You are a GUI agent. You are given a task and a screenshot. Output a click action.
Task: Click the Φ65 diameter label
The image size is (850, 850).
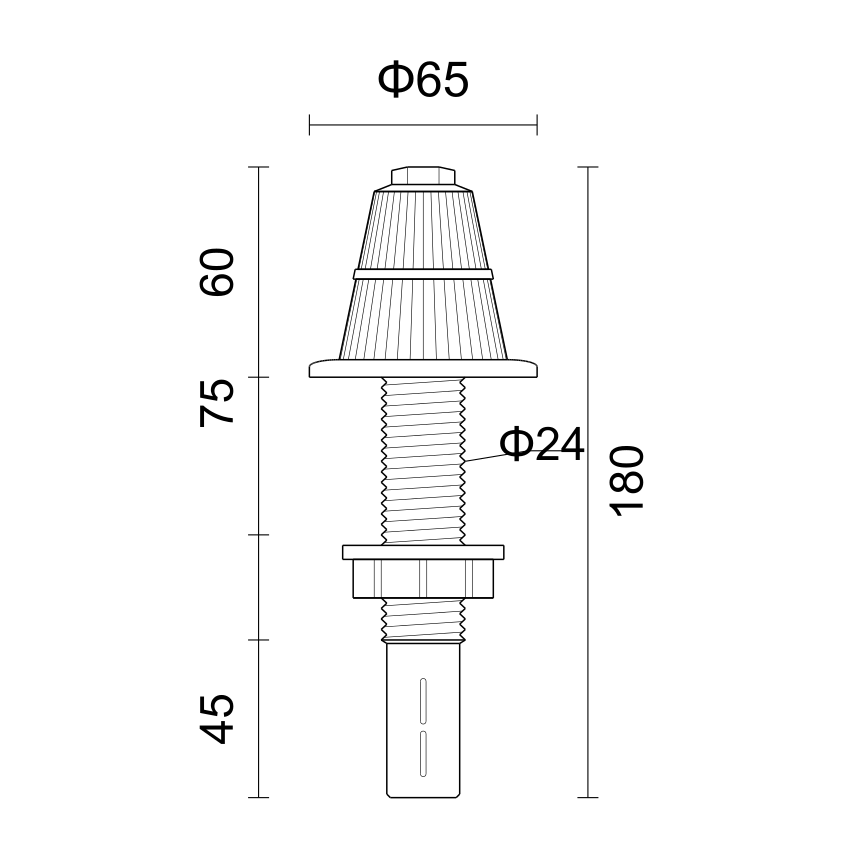pos(423,80)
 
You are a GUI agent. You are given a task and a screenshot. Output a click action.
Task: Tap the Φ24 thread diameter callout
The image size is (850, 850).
pos(542,445)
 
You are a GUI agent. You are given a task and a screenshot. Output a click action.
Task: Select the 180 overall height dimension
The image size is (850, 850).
pos(627,481)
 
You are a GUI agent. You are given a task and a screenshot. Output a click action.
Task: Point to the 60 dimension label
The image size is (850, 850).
pos(217,272)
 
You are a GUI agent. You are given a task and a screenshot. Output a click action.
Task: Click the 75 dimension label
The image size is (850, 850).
pos(217,403)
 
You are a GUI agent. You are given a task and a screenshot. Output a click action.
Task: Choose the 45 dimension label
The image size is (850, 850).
pos(217,718)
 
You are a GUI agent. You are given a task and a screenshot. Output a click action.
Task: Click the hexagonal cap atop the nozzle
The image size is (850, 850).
pos(423,176)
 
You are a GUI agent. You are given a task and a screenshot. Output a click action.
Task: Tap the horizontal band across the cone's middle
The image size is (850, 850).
pos(423,274)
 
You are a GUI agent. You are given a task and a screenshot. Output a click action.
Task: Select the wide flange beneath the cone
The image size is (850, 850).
pos(423,368)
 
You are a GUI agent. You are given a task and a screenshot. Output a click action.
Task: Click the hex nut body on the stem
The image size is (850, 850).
pos(423,579)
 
